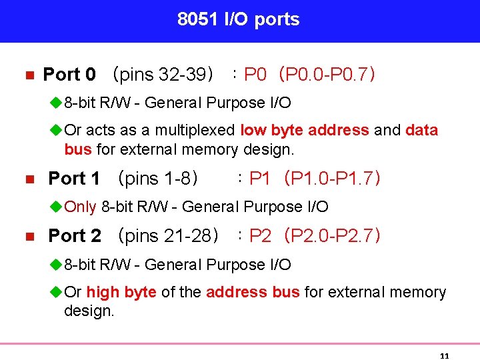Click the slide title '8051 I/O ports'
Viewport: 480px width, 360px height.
click(x=239, y=20)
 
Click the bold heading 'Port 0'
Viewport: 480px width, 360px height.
click(x=69, y=75)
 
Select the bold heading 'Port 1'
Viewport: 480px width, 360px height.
click(x=74, y=179)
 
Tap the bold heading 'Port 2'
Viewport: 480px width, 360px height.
click(x=75, y=236)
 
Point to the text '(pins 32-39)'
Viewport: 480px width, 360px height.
click(x=163, y=75)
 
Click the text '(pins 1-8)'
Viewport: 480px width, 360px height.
click(x=158, y=179)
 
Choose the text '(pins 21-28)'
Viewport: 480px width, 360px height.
click(x=168, y=236)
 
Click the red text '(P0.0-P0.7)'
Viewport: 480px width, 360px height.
click(x=328, y=75)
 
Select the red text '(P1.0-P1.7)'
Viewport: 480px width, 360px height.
click(x=332, y=179)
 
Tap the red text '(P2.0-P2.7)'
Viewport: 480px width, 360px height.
click(x=332, y=236)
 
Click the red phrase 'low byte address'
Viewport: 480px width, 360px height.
click(x=305, y=131)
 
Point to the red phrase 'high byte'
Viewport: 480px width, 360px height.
click(x=121, y=293)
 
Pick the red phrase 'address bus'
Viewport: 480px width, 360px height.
click(x=253, y=293)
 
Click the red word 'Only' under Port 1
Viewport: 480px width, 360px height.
click(x=81, y=207)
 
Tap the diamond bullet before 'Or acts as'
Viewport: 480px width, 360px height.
click(x=57, y=131)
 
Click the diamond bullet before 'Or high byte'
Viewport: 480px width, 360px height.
click(x=57, y=293)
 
